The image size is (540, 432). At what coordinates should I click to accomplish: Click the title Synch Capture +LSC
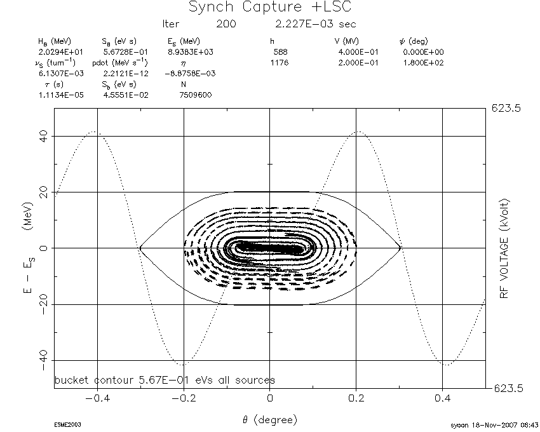[270, 7]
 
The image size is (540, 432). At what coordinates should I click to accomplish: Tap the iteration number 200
[226, 24]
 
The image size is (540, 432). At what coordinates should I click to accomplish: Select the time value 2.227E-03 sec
[316, 24]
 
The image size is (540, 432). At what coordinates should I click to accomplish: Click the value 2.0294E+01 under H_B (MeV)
[60, 52]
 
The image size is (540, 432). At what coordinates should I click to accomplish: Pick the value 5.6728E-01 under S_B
[125, 52]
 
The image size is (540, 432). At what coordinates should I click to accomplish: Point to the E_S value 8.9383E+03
[191, 52]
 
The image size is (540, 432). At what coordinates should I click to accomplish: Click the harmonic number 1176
[280, 63]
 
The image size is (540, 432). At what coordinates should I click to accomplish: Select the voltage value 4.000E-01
[358, 52]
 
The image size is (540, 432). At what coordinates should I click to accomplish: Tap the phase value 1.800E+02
[423, 63]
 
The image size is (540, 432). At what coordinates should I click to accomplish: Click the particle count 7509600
[195, 95]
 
